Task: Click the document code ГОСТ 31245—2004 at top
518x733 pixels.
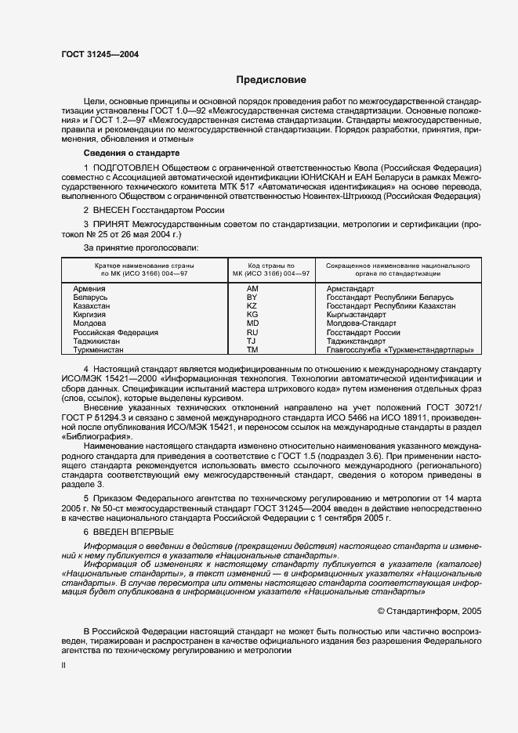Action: click(100, 54)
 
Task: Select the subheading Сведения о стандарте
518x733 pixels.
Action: click(131, 153)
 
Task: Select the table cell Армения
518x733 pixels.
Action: click(89, 289)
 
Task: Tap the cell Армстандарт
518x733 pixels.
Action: click(350, 289)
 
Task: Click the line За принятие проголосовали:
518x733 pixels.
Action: click(130, 247)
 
